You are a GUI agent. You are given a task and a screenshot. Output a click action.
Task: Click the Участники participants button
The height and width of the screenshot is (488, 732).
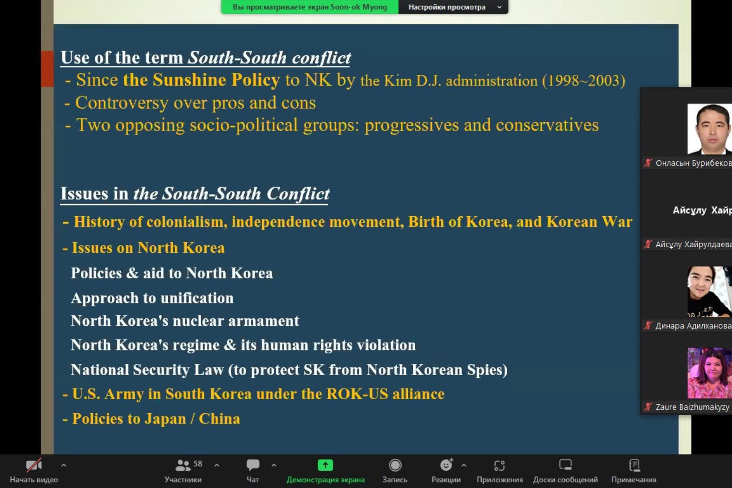pyautogui.click(x=183, y=471)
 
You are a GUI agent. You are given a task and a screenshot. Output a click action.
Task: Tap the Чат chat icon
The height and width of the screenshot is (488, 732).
pyautogui.click(x=253, y=465)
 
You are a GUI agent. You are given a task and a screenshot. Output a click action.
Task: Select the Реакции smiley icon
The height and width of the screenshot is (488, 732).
pyautogui.click(x=446, y=465)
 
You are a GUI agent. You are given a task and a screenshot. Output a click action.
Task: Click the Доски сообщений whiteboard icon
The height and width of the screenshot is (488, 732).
pyautogui.click(x=565, y=465)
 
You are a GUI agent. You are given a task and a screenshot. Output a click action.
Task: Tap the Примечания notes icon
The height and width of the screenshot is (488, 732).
pyautogui.click(x=634, y=465)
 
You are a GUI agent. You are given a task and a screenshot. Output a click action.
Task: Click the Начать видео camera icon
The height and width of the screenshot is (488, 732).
pyautogui.click(x=34, y=465)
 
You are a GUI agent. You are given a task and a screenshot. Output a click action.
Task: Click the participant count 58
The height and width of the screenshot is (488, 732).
pyautogui.click(x=198, y=463)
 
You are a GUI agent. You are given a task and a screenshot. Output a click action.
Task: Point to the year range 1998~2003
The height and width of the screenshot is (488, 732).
pyautogui.click(x=583, y=81)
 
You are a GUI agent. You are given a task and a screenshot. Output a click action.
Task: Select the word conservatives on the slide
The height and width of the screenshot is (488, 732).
pyautogui.click(x=547, y=125)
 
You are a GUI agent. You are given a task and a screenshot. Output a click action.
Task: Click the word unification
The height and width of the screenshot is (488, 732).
pyautogui.click(x=197, y=298)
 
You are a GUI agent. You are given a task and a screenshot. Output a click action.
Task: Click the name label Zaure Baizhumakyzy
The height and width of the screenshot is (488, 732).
pyautogui.click(x=692, y=407)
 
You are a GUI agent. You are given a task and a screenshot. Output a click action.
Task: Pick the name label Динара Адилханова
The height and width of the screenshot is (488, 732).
pyautogui.click(x=693, y=325)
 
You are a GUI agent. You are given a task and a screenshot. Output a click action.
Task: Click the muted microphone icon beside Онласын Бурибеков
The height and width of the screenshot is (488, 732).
pyautogui.click(x=647, y=163)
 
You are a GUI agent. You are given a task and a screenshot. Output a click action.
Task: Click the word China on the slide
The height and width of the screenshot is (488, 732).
pyautogui.click(x=219, y=419)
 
